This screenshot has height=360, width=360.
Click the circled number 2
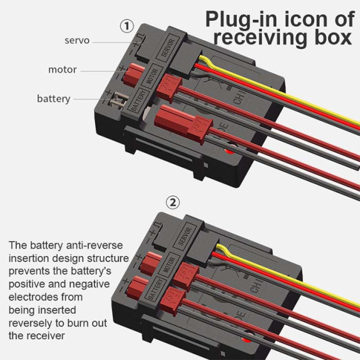(x=173, y=202)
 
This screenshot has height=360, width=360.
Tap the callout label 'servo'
(x=77, y=41)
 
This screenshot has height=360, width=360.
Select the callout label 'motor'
(x=63, y=69)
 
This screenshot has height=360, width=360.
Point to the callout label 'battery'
(x=54, y=99)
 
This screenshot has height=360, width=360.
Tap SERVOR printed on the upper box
(x=168, y=48)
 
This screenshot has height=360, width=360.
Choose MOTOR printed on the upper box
(x=152, y=76)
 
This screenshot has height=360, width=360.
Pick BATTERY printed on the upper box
(x=138, y=100)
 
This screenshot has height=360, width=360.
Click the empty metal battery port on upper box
(x=119, y=100)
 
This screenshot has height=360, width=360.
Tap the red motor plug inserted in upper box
(x=133, y=74)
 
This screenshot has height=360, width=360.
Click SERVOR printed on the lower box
(x=185, y=237)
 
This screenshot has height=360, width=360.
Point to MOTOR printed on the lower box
(x=169, y=264)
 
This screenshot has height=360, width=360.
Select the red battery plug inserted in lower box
(x=137, y=287)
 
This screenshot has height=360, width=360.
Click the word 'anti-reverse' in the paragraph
(x=95, y=245)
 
